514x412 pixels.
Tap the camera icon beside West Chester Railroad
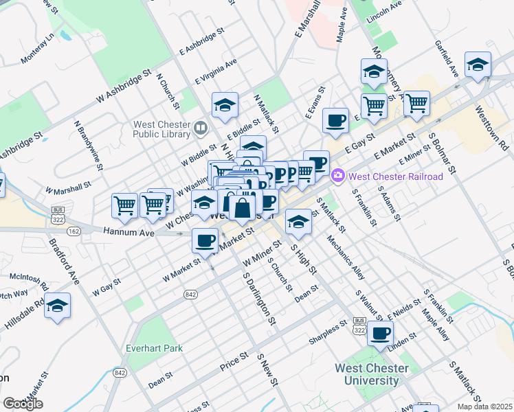point(337,176)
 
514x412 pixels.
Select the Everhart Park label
point(154,348)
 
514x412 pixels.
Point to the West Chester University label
point(371,374)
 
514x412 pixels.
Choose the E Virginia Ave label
point(216,71)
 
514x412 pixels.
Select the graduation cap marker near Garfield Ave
point(478,65)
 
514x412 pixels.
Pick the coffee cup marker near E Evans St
point(335,120)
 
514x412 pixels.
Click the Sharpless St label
point(326,327)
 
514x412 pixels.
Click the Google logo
point(23,404)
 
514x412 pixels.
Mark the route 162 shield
point(74,231)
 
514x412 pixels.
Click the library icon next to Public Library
point(201,126)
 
